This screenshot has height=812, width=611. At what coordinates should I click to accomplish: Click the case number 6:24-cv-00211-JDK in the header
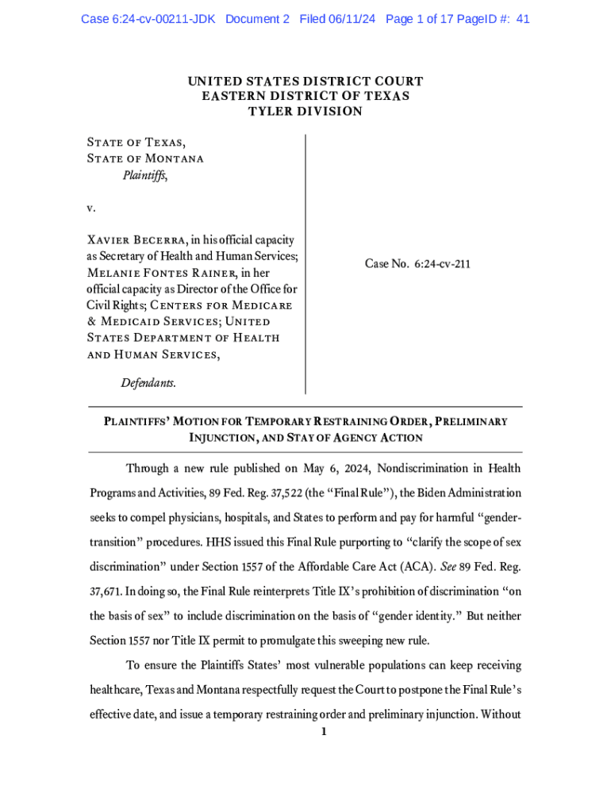coord(148,19)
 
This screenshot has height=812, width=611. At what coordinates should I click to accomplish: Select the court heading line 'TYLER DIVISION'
coord(305,111)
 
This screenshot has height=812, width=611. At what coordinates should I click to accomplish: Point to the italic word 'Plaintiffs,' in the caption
coord(144,175)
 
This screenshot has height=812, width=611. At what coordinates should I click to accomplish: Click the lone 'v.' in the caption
coord(91,208)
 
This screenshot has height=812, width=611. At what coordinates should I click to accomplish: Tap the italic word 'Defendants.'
coord(148,383)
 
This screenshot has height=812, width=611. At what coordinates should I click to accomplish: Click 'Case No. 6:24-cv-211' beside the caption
coord(417,264)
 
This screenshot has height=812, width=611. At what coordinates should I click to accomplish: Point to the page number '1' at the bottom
coord(323,732)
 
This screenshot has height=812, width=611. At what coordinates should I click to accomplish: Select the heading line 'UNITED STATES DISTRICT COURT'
coord(305,81)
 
